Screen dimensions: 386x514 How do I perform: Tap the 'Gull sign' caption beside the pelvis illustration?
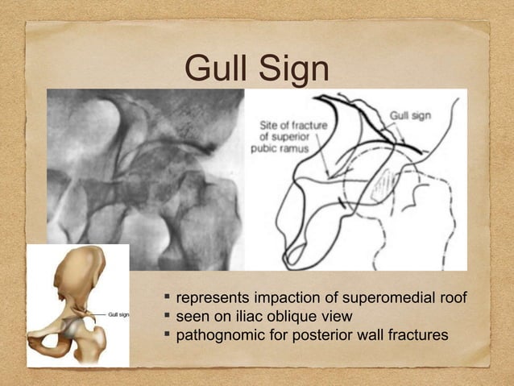coord(114,314)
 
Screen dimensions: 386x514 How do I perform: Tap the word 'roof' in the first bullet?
coord(452,299)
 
